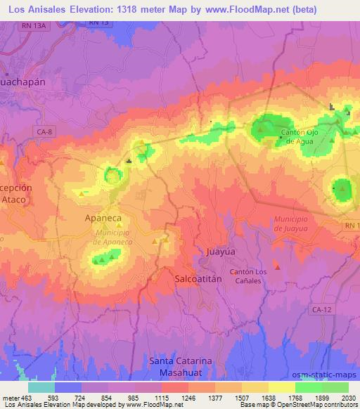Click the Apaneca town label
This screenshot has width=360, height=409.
103,218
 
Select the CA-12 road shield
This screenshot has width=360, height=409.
326,309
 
